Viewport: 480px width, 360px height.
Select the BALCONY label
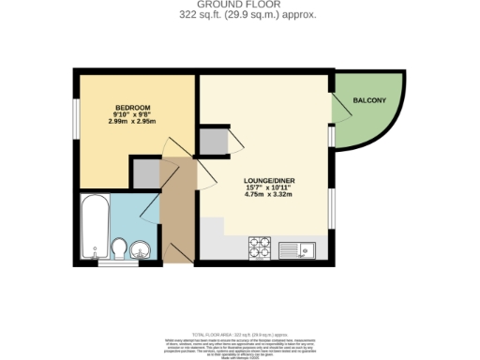tap(367, 99)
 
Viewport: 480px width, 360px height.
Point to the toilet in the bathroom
tap(119, 248)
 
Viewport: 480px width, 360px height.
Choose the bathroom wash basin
tap(141, 249)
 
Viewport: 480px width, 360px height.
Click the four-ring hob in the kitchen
tap(259, 247)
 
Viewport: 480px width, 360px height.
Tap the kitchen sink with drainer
tap(300, 248)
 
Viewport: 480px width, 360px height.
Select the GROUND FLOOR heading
tap(240, 6)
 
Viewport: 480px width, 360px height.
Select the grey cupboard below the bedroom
tap(144, 172)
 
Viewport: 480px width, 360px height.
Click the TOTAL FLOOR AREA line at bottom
tap(240, 334)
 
